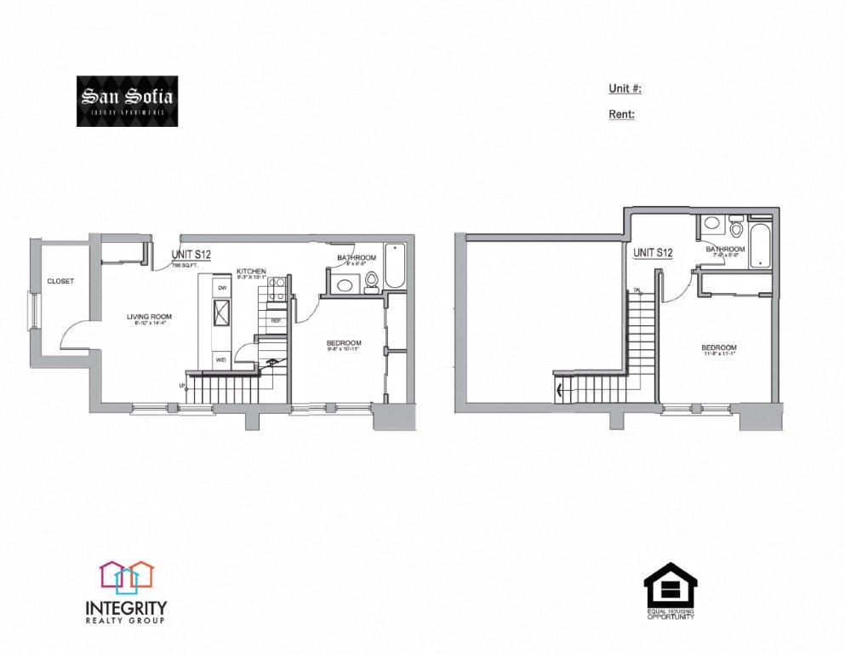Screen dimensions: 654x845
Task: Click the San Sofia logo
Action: pos(128,102)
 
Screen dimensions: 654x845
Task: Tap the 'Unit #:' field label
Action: pos(625,89)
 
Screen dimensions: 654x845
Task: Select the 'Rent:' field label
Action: pos(621,114)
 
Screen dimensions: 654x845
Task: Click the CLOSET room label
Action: pos(60,281)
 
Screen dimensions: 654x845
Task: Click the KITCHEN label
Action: pos(251,271)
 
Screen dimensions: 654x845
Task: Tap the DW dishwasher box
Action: pos(222,289)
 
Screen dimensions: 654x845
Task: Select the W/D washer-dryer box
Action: pos(221,359)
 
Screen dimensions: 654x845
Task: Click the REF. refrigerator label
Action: pos(276,320)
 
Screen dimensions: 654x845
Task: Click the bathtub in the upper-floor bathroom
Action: pos(760,244)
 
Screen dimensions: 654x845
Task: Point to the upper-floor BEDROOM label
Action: pos(719,347)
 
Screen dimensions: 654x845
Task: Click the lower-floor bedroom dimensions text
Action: pos(344,351)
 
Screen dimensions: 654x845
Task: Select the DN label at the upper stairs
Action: pos(636,292)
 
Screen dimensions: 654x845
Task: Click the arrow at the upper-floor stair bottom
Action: pos(559,393)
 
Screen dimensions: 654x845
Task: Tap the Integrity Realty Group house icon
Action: pos(126,577)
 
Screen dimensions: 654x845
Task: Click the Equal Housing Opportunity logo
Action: pos(670,591)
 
